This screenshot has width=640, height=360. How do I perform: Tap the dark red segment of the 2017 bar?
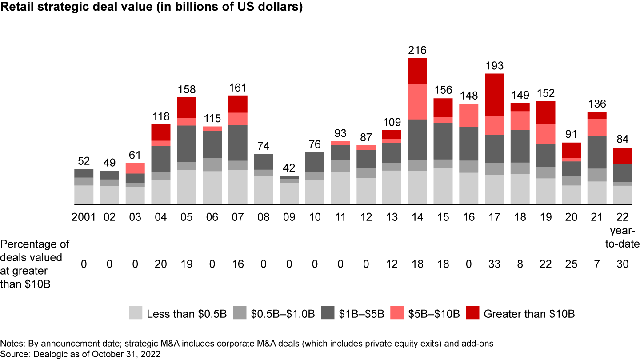tap(494, 95)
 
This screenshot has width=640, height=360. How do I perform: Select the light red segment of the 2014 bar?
tap(417, 102)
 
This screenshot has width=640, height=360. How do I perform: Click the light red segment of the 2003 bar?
tap(135, 168)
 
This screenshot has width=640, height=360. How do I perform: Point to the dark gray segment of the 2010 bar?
tap(315, 162)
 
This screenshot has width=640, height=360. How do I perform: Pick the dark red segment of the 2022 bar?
tap(622, 156)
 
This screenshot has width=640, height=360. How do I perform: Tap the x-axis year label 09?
tap(289, 217)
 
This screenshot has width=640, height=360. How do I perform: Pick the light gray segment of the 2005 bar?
tap(186, 187)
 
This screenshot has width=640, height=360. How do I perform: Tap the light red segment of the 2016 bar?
tap(468, 116)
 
